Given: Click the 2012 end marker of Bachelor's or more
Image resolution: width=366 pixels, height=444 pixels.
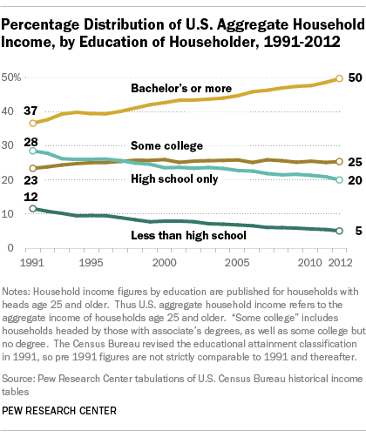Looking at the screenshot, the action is (339, 78).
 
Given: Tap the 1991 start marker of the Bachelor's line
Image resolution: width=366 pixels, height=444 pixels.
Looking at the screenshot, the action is (33, 123).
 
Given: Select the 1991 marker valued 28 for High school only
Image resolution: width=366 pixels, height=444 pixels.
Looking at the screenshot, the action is (33, 151).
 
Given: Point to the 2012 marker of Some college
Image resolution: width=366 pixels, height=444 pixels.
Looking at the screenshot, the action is (339, 161).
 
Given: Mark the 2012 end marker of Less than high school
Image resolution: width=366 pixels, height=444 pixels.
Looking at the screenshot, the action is (339, 231).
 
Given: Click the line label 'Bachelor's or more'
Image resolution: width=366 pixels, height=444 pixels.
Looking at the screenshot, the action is (181, 88).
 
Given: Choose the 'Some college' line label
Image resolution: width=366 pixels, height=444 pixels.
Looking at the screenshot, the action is (166, 145).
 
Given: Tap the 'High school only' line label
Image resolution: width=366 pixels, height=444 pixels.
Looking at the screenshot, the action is (174, 178).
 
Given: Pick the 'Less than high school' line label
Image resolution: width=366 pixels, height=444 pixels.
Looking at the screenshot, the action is (188, 235).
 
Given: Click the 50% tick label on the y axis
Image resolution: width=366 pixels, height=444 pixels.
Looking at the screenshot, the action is (11, 77).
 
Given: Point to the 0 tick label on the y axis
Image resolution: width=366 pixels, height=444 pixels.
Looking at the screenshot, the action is (10, 248).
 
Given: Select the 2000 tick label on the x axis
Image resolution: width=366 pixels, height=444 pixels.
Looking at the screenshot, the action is (165, 263).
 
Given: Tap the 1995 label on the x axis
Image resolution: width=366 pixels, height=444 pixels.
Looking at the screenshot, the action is (91, 263).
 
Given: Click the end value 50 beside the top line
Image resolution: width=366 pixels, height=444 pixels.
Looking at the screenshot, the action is (355, 77).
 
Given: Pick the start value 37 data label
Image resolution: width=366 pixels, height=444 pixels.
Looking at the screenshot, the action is (30, 111).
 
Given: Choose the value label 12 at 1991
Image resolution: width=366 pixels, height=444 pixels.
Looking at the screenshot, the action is (30, 197).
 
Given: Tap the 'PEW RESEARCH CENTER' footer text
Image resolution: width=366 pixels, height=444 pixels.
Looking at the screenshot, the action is (59, 411).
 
